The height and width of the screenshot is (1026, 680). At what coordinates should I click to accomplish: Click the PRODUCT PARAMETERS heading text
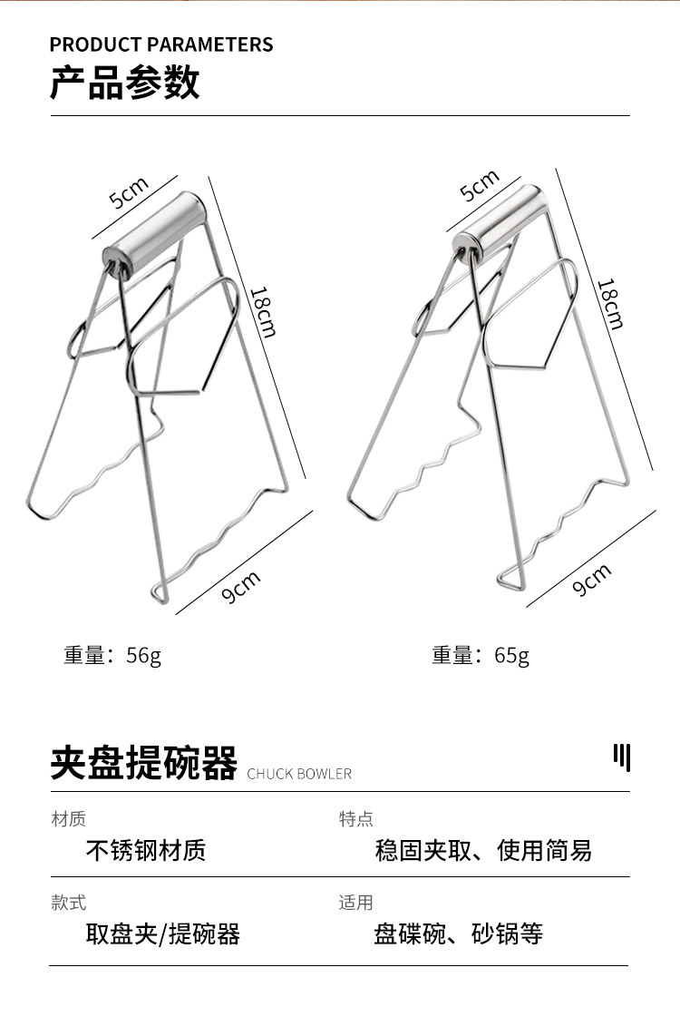point(160,44)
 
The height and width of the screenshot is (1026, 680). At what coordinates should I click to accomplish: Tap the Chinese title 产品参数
point(124,83)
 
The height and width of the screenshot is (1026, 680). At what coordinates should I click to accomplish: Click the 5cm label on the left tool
point(129,193)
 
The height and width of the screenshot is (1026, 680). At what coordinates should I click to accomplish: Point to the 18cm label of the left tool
point(262,311)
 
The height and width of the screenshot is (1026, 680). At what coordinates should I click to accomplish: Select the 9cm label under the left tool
point(241,587)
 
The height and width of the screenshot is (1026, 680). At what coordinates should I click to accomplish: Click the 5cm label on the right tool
point(480,186)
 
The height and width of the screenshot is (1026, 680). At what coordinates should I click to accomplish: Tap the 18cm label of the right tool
point(610,303)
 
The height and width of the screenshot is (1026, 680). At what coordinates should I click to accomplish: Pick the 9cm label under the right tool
point(592,580)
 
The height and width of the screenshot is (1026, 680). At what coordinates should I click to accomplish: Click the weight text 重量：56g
point(112,654)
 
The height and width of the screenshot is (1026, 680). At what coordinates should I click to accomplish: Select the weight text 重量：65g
point(481,654)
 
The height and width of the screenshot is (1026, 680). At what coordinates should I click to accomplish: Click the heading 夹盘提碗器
point(143,763)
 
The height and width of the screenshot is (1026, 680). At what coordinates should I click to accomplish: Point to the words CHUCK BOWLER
point(299,774)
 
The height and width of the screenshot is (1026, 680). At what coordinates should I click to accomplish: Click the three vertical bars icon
point(621,757)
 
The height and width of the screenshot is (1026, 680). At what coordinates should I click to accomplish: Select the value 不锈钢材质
point(146,850)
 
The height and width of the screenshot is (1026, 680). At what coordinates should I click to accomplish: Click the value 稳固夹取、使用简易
point(483,850)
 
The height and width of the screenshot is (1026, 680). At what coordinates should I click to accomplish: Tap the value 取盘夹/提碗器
point(163,933)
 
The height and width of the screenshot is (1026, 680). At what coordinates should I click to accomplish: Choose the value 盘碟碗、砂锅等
point(458,933)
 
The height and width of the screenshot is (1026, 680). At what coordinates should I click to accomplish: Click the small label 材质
point(68,819)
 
